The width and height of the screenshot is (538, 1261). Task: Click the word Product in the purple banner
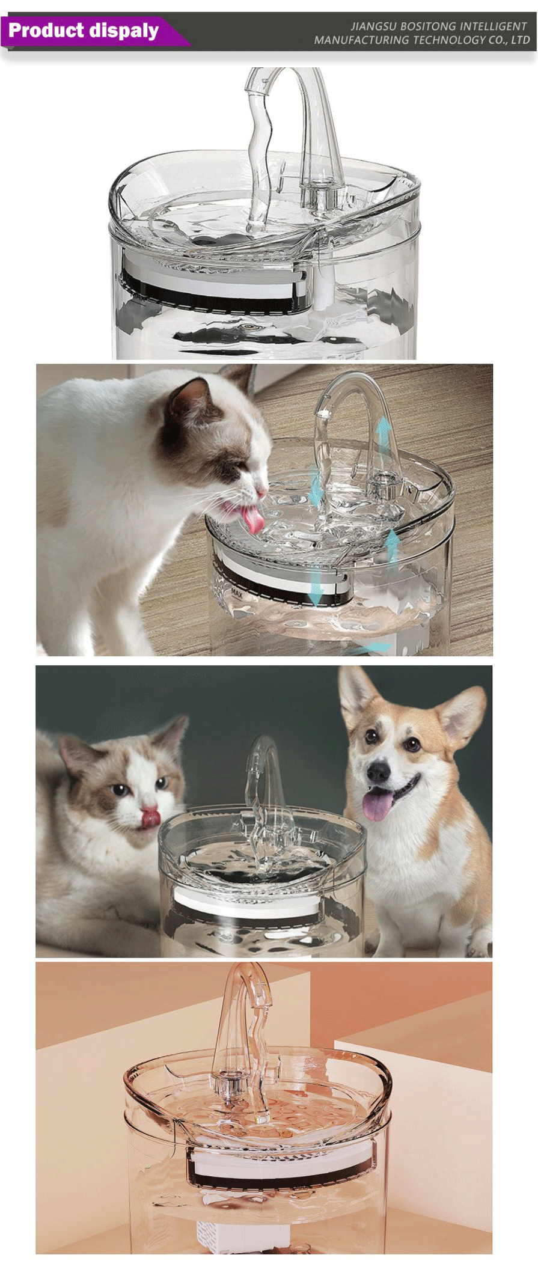pyautogui.click(x=46, y=30)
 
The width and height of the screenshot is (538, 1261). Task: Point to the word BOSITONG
pyautogui.click(x=428, y=26)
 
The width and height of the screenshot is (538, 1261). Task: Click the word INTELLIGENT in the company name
pyautogui.click(x=494, y=26)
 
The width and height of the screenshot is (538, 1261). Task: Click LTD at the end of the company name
pyautogui.click(x=521, y=40)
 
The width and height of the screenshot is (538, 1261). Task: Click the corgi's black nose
pyautogui.click(x=379, y=772)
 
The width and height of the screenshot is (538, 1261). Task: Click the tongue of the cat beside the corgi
pyautogui.click(x=150, y=818)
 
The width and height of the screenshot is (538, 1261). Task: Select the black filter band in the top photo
pyautogui.click(x=213, y=297)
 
